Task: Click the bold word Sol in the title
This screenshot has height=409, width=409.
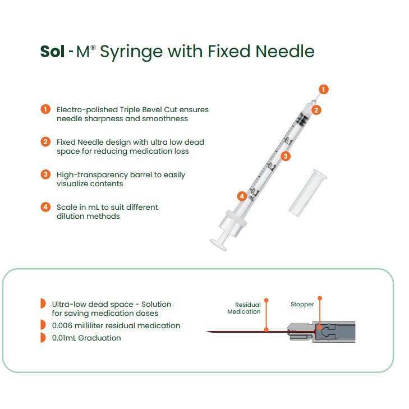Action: point(52,51)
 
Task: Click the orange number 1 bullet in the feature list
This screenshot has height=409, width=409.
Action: point(45,109)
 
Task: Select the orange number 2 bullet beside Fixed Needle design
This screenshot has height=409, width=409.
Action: point(45,141)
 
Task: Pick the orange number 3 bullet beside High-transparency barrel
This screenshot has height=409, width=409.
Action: point(45,174)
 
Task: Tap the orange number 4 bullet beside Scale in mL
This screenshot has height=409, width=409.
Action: point(45,207)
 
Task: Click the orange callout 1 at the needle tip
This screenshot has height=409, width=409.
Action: point(324,89)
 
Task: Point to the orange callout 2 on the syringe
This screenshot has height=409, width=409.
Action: point(316,110)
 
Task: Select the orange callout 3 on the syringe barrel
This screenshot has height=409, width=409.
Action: point(286,156)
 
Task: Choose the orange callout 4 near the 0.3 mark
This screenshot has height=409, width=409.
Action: point(242,196)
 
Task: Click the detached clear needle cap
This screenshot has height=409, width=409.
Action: point(308,192)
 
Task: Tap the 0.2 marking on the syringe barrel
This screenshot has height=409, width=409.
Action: point(272,167)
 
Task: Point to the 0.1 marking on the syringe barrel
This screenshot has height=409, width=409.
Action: point(288,141)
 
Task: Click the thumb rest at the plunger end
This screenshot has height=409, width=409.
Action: point(219,245)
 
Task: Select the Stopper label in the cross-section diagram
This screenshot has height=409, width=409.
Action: point(302,305)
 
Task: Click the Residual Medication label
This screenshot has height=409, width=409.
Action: point(244,308)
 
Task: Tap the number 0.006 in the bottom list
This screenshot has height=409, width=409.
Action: point(62,325)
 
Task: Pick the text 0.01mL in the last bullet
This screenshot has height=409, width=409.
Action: point(64,338)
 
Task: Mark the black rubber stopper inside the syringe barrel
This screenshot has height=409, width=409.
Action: point(303,120)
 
